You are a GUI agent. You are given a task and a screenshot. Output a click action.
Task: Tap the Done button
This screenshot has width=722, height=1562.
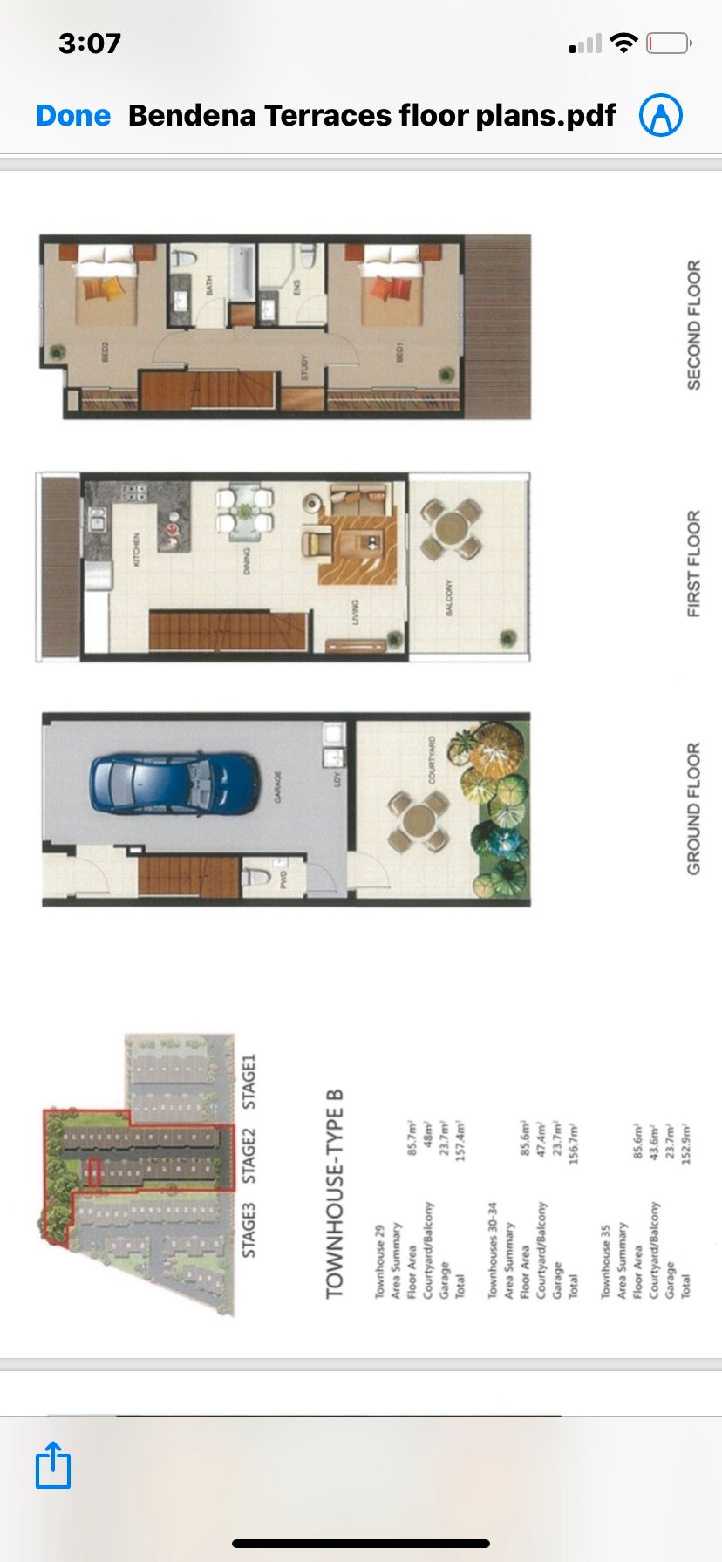73,115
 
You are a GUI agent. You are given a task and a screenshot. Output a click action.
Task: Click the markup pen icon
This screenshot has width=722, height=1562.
660,115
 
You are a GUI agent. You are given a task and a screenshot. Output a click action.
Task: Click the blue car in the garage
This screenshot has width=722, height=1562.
174,782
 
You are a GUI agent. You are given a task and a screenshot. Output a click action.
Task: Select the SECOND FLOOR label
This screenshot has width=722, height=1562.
694,324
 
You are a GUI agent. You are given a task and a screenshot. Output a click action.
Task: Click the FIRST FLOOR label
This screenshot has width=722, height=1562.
694,564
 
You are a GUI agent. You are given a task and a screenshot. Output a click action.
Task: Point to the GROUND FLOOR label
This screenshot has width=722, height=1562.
694,808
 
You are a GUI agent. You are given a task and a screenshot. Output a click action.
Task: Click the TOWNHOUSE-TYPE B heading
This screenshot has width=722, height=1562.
335,1193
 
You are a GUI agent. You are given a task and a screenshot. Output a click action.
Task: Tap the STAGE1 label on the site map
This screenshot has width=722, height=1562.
249,1081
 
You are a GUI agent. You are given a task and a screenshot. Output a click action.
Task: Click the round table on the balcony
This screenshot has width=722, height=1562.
451,528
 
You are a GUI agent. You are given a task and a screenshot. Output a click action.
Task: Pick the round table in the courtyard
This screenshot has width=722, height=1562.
419,820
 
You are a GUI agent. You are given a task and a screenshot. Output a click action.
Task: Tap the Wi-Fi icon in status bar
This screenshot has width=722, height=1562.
623,43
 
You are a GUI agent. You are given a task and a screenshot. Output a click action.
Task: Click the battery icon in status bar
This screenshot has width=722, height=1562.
669,43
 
